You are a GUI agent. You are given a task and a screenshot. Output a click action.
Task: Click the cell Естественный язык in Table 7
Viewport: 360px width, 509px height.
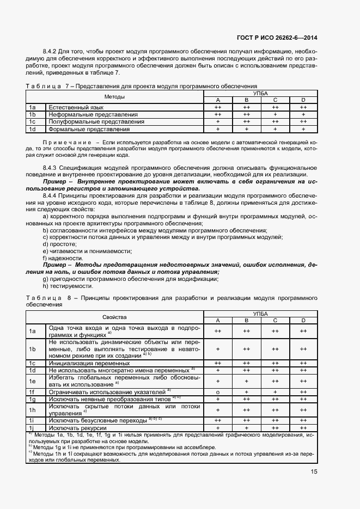click(66, 108)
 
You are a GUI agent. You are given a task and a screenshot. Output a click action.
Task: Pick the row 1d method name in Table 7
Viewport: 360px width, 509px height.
click(81, 129)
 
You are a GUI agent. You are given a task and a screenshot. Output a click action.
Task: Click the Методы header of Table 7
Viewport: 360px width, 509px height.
click(114, 97)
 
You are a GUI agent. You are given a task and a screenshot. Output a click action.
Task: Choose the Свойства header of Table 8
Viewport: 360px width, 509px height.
click(114, 317)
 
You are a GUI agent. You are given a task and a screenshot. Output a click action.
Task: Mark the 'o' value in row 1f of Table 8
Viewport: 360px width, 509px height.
click(217, 391)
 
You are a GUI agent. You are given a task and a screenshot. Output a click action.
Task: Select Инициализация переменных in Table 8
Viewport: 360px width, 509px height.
click(82, 362)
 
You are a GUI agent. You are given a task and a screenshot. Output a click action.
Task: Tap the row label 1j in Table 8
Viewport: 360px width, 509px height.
click(32, 428)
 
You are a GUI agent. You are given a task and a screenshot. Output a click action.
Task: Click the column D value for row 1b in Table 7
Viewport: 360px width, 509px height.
click(303, 115)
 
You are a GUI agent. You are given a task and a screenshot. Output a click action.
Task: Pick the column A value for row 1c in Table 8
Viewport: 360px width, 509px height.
click(217, 362)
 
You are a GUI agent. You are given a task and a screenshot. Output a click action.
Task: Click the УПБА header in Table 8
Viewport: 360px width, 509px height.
click(260, 314)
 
